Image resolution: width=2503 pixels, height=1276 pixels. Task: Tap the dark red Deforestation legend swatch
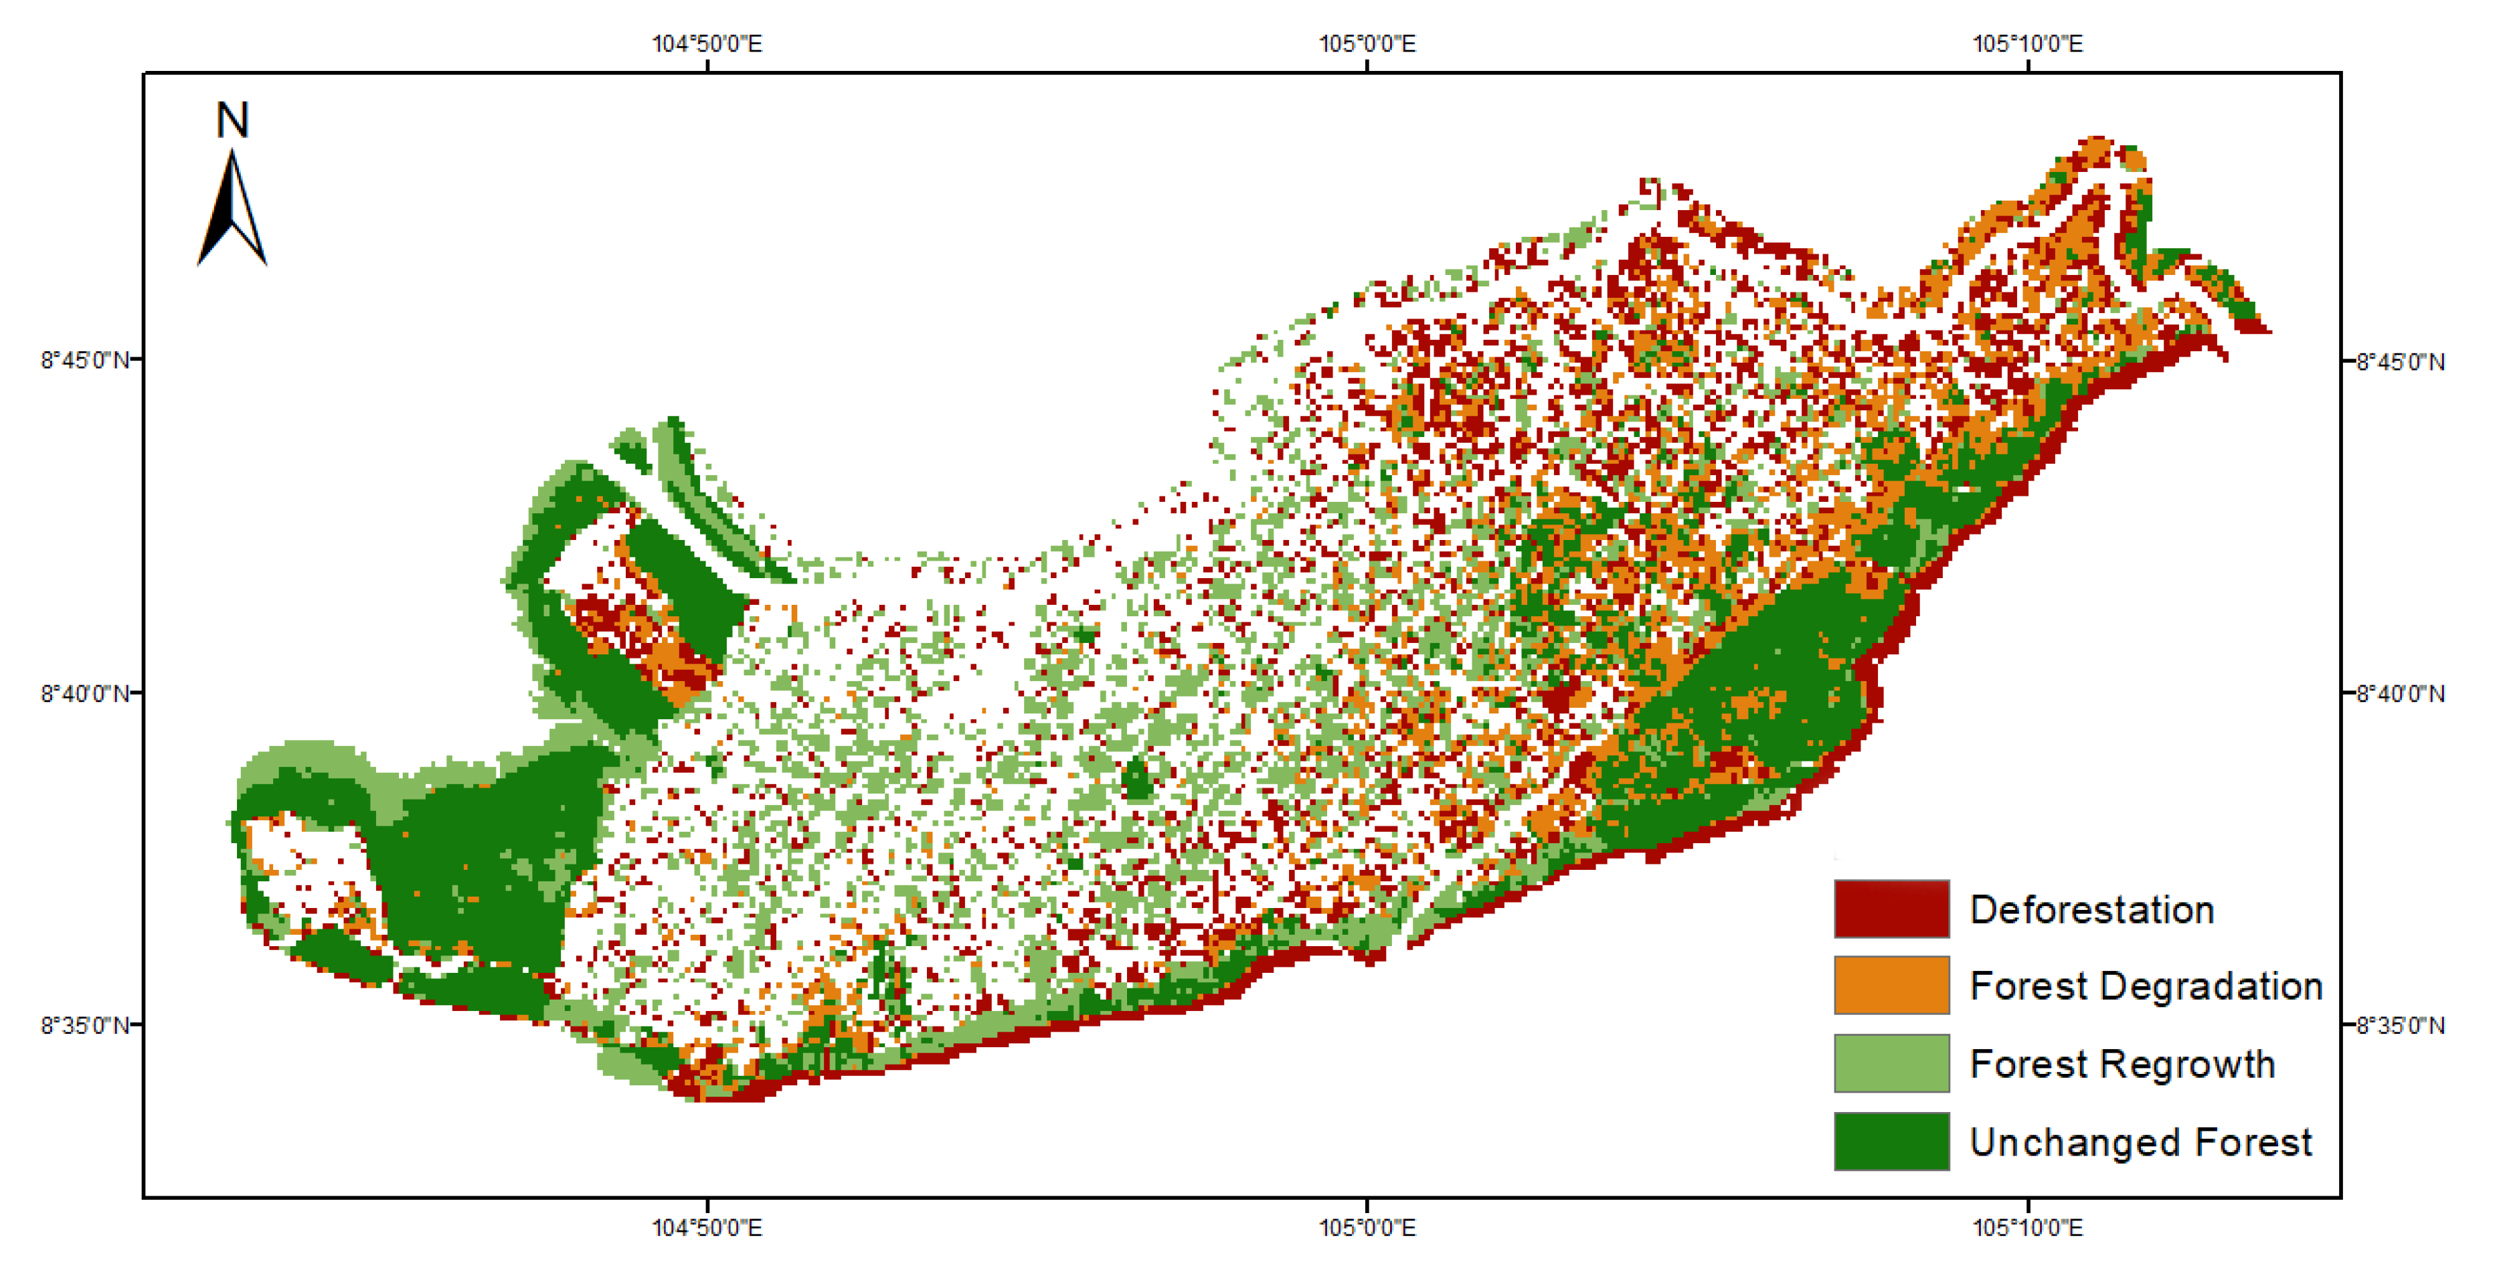pyautogui.click(x=1891, y=909)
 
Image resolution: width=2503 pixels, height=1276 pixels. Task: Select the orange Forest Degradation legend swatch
pyautogui.click(x=1891, y=984)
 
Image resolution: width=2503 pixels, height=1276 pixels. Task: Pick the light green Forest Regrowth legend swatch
pyautogui.click(x=1891, y=1063)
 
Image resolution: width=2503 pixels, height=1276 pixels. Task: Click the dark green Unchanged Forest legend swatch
pyautogui.click(x=1891, y=1141)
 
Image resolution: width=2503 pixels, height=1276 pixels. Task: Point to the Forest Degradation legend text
pyautogui.click(x=2146, y=986)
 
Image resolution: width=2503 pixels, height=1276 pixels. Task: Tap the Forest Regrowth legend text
pyautogui.click(x=2122, y=1064)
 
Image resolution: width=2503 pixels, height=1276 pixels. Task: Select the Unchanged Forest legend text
pyautogui.click(x=2140, y=1142)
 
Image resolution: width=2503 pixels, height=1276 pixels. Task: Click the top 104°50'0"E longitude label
pyautogui.click(x=707, y=43)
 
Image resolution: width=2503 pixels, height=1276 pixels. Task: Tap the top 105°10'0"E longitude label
pyautogui.click(x=2027, y=43)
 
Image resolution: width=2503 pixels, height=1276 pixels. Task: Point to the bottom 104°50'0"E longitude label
pyautogui.click(x=707, y=1227)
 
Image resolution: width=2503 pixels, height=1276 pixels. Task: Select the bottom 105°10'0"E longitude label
pyautogui.click(x=2027, y=1227)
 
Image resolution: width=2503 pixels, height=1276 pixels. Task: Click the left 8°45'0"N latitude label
pyautogui.click(x=84, y=361)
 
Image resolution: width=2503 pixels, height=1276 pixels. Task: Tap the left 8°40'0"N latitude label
pyautogui.click(x=84, y=694)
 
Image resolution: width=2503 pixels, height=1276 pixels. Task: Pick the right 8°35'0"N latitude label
pyautogui.click(x=2400, y=1025)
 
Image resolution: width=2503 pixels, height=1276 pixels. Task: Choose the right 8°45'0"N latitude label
pyautogui.click(x=2400, y=361)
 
